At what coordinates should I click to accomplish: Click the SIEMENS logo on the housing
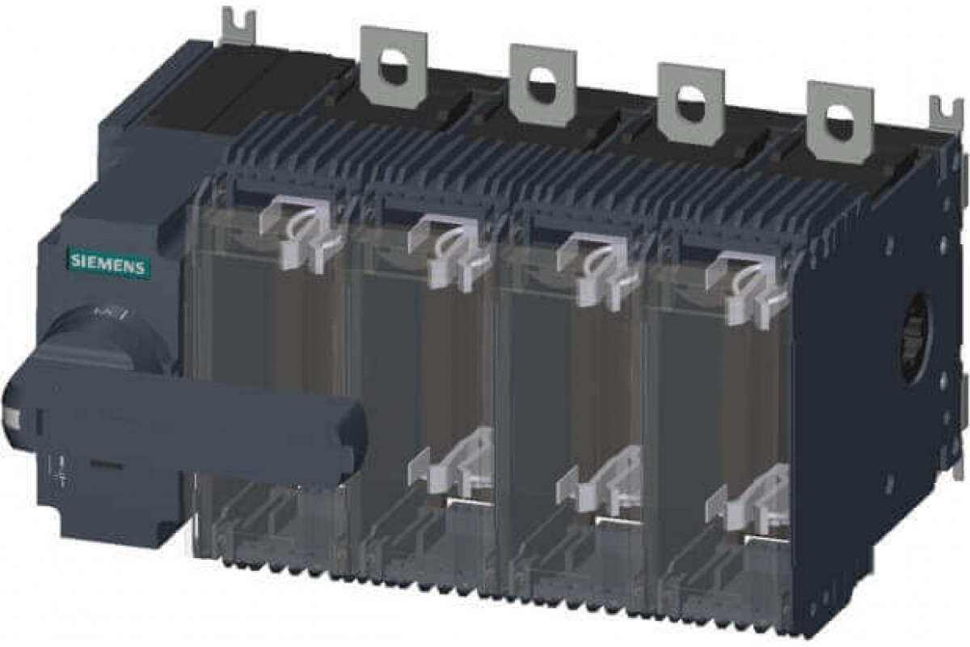(x=107, y=263)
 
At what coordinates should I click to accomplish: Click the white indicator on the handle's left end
(x=11, y=417)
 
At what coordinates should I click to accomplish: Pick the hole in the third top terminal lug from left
(x=690, y=95)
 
